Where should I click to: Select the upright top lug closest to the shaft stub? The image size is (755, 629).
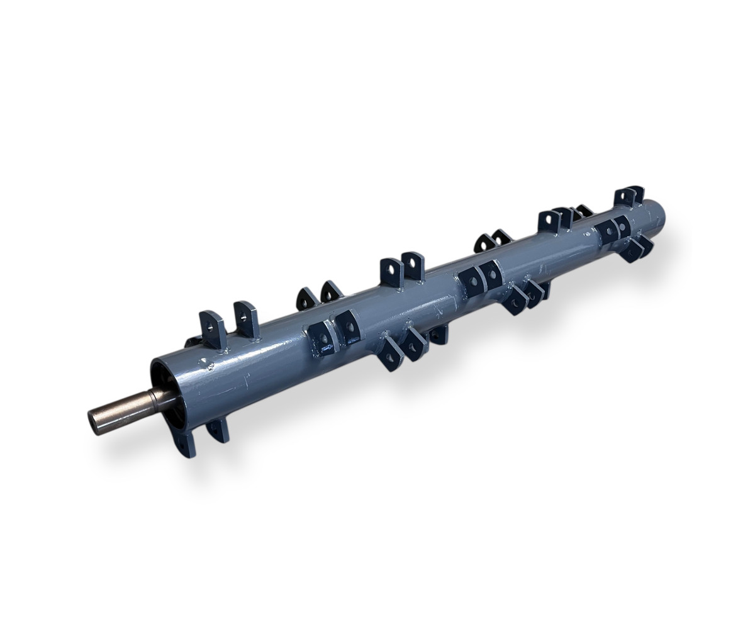(213, 327)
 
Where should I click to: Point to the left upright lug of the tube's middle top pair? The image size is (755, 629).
(391, 272)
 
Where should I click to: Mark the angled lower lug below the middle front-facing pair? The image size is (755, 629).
(516, 301)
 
